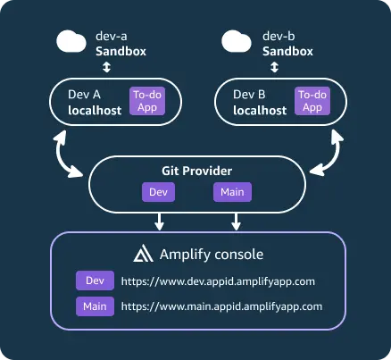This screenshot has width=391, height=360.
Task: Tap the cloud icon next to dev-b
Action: (237, 42)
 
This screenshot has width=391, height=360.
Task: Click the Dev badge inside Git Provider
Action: (156, 191)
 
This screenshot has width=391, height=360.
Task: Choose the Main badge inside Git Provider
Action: (232, 191)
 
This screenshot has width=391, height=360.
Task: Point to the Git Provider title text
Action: (195, 170)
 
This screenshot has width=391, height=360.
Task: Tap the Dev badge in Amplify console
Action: (94, 281)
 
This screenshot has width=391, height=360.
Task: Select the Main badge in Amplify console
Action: (94, 306)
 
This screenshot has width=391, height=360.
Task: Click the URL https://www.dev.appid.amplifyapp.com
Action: (219, 281)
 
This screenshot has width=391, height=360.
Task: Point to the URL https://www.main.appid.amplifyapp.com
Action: (220, 306)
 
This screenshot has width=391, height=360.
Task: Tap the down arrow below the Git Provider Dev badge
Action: (157, 220)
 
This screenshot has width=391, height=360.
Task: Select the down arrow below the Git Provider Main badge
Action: (236, 220)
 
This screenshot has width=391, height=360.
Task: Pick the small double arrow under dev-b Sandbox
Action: (272, 67)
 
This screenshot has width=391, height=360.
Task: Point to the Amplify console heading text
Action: (211, 254)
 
